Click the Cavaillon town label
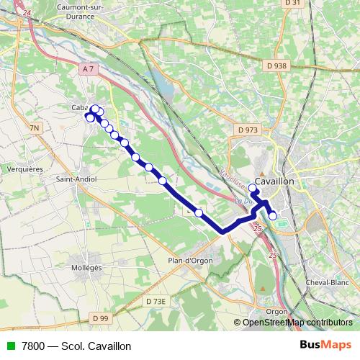click(x=274, y=182)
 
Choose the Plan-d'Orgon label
click(x=189, y=261)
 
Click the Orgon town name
click(x=276, y=311)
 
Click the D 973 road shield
click(x=246, y=130)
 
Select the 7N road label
click(x=35, y=128)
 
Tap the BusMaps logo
click(x=325, y=346)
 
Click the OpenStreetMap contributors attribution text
click(x=297, y=323)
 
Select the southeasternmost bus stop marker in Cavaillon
click(x=273, y=215)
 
